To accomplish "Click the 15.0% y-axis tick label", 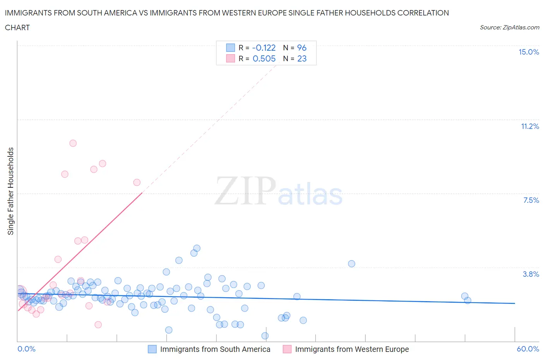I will point(529,52).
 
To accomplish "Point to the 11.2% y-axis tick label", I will point(530,126).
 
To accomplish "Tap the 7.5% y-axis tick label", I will point(531,200).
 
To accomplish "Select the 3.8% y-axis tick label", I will point(531,274).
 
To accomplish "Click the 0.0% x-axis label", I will point(26,349).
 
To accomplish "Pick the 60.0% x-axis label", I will point(528,349).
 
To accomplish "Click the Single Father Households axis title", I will point(11,191).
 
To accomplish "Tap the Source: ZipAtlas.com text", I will point(509,27).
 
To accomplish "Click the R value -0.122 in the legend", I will point(264,48).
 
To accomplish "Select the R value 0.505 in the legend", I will point(264,58).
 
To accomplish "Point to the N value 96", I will point(302,48).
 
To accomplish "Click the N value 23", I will point(302,58).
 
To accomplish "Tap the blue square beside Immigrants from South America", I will point(152,349).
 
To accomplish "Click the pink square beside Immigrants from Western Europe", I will point(287,349).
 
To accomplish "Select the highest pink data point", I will point(73,143).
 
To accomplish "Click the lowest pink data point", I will point(98,324).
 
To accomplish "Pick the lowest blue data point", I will point(265,336).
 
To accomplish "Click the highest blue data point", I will point(197,248).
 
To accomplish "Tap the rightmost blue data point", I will point(467,300).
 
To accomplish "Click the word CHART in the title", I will point(17,27).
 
